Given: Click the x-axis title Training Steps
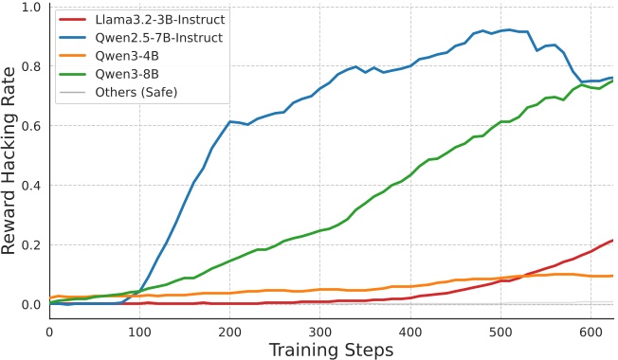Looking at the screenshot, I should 330,349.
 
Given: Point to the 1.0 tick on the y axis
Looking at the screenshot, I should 29,8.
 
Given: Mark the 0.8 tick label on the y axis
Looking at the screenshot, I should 29,66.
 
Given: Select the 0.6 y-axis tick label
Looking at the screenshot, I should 29,126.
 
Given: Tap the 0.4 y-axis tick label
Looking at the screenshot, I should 29,186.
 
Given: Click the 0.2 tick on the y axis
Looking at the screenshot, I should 29,244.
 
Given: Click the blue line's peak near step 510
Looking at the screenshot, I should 510,29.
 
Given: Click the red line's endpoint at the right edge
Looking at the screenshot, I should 612,241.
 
